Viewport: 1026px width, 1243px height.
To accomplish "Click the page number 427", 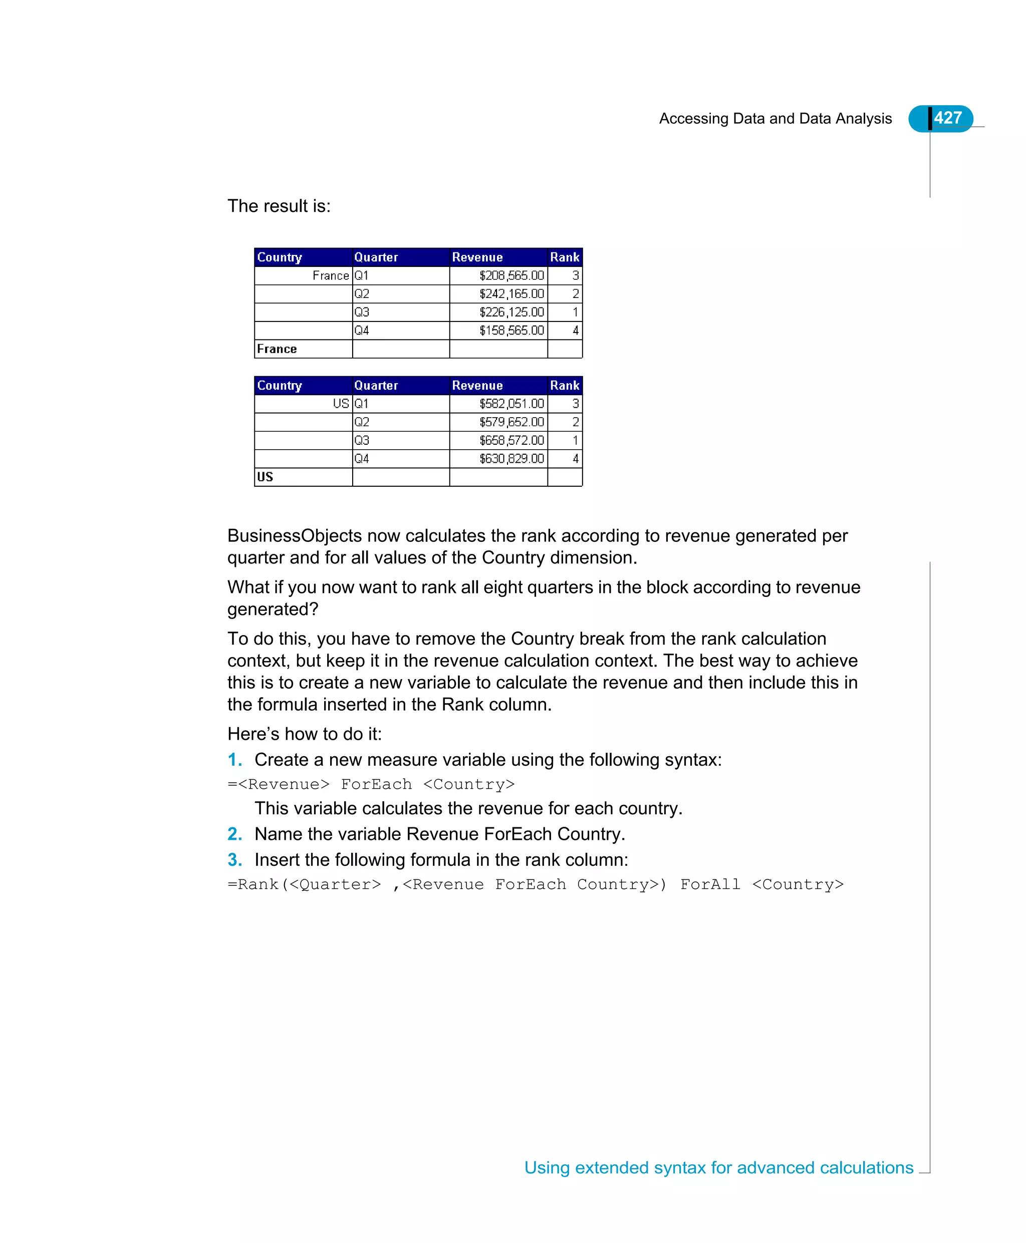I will [x=947, y=118].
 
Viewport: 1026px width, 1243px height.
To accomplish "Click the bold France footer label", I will [x=277, y=349].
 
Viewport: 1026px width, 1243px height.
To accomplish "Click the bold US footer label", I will [x=265, y=477].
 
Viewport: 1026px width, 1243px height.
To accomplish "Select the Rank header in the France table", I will [x=565, y=257].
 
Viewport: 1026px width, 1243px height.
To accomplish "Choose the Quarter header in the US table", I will [x=376, y=386].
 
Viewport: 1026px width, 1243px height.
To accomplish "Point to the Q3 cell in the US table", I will [x=362, y=441].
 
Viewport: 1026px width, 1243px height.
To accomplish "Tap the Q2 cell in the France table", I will [x=362, y=294].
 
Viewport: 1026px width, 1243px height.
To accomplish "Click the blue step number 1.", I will [x=234, y=760].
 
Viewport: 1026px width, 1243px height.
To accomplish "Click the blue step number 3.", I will [x=234, y=859].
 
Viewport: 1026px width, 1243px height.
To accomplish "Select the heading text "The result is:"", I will [x=279, y=206].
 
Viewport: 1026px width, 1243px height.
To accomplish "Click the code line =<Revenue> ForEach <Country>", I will [x=371, y=785].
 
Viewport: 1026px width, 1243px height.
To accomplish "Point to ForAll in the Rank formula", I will [x=710, y=885].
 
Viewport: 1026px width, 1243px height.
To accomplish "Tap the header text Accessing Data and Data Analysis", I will [x=775, y=119].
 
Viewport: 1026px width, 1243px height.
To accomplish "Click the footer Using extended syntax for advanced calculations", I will [x=719, y=1168].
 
